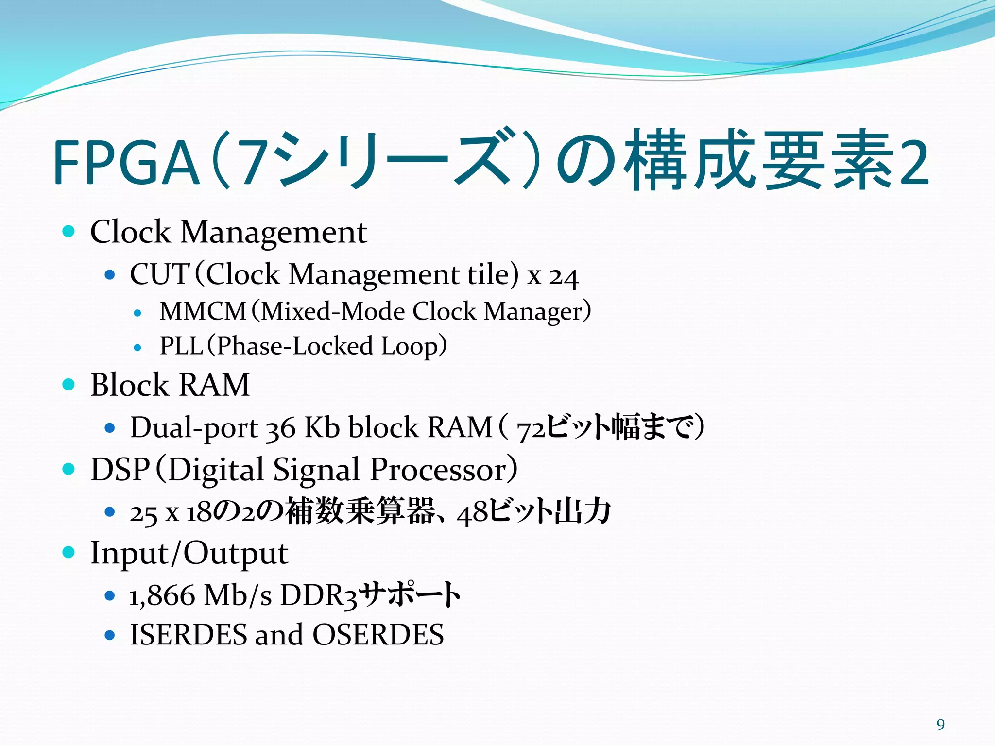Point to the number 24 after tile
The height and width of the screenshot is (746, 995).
click(x=564, y=276)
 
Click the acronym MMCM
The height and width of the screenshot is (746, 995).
click(x=203, y=311)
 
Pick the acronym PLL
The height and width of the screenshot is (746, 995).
click(x=181, y=346)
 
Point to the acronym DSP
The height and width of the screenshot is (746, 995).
click(x=120, y=470)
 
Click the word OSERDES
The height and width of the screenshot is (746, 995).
click(x=378, y=635)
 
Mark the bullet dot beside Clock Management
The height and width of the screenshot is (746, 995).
click(x=69, y=231)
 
